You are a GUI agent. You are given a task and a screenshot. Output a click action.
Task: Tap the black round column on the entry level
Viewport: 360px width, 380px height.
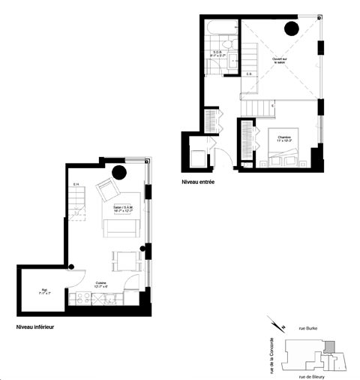(x=290, y=29)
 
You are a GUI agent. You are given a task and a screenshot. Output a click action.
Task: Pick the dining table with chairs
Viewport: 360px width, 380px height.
(x=123, y=261)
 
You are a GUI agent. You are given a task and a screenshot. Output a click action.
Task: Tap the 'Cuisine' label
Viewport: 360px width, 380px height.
(x=100, y=284)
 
